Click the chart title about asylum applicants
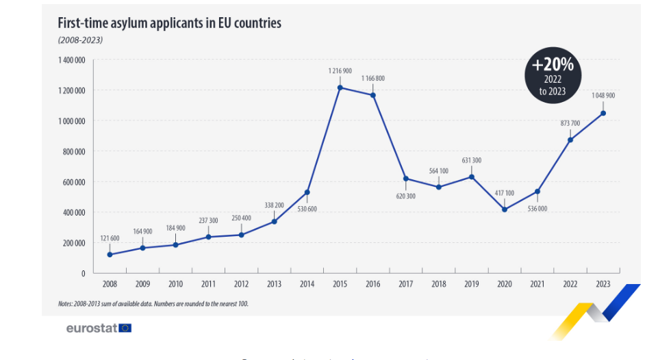point(169,23)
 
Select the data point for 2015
point(340,87)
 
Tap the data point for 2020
point(505,209)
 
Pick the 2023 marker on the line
point(603,113)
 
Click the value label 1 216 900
point(340,71)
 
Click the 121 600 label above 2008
point(110,238)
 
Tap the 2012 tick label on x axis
point(241,283)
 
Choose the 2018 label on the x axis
point(439,283)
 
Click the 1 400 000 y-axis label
point(71,60)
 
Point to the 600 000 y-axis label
point(73,182)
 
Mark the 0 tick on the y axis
point(83,274)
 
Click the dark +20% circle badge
point(553,75)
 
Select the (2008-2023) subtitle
point(80,40)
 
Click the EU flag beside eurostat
point(125,328)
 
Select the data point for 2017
point(406,179)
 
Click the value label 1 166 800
point(373,79)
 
